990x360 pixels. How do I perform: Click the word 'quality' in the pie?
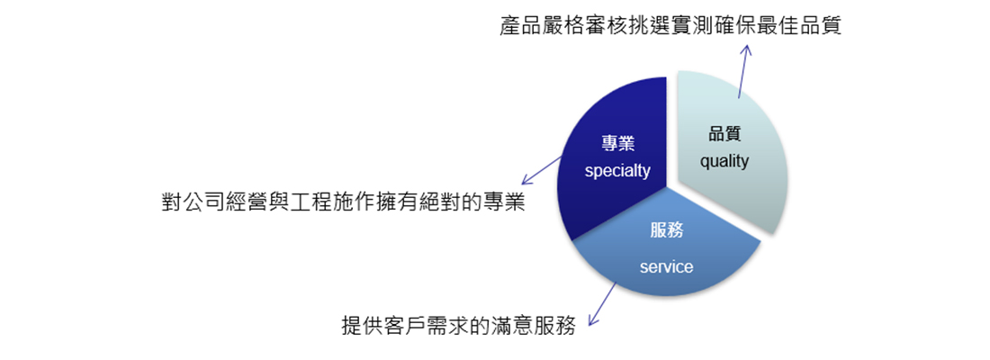(x=724, y=162)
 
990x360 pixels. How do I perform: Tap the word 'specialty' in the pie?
(x=617, y=171)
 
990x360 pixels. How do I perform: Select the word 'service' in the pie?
(x=666, y=267)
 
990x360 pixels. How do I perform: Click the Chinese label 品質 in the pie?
(x=724, y=134)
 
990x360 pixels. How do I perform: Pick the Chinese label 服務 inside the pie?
(x=667, y=230)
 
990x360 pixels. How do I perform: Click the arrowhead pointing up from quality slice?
(x=746, y=50)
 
